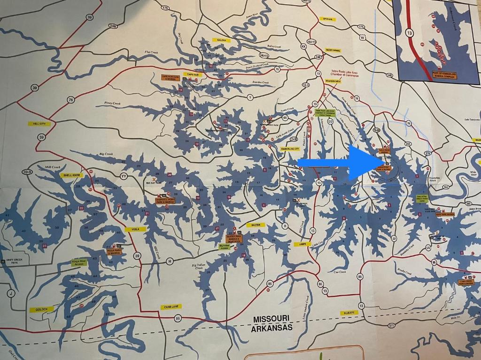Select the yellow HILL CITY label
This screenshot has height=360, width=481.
39,123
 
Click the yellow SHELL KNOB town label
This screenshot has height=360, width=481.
72,175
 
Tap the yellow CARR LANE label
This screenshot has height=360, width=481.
170,306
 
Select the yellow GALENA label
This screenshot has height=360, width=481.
222,40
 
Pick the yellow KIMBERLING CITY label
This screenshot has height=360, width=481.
290,149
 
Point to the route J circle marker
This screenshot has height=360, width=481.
10,293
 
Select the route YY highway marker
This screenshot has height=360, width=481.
124,176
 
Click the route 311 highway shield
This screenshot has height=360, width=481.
392,325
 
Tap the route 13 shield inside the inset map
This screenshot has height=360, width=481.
410,32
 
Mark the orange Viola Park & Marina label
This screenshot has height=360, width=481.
114,252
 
